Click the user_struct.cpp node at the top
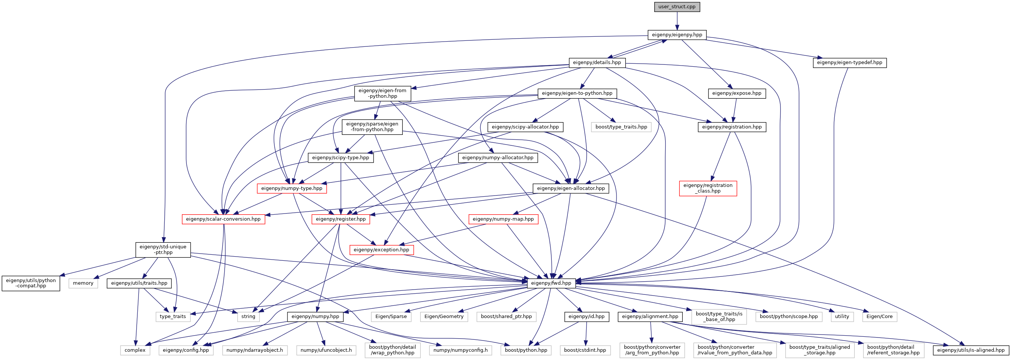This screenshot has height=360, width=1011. (x=677, y=7)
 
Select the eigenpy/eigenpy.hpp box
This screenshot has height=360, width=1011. (x=677, y=35)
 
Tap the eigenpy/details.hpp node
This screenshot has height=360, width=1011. (x=597, y=63)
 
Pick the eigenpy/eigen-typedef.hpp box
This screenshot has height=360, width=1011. (x=849, y=63)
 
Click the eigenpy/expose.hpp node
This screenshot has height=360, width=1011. (x=737, y=93)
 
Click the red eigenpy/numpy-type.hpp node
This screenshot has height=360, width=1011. (x=292, y=188)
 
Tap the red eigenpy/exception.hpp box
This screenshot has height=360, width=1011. (x=381, y=250)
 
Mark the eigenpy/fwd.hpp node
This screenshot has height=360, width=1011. (x=551, y=283)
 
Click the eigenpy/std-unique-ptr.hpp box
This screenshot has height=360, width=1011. (x=163, y=250)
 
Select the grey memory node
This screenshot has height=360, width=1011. (x=83, y=283)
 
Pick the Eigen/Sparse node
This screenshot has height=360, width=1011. (x=391, y=317)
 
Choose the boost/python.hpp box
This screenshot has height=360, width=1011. (x=526, y=350)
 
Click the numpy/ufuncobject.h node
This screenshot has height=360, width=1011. (x=326, y=350)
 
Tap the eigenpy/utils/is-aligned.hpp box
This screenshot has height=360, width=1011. (x=971, y=350)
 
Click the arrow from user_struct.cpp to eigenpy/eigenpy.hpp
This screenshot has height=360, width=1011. (x=677, y=21)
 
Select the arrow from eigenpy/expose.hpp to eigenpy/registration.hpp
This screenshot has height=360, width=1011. (x=734, y=110)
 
